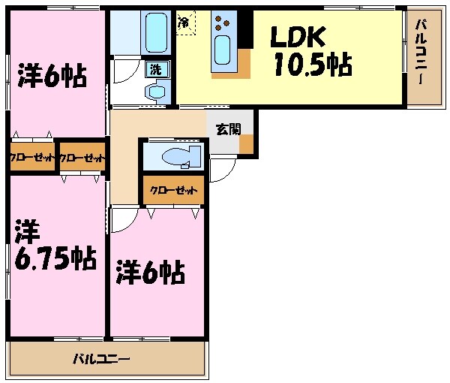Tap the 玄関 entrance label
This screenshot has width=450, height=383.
click(228, 128)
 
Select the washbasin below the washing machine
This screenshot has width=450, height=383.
click(157, 92)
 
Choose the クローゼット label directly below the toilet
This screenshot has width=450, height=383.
click(174, 190)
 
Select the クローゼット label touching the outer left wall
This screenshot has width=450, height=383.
click(32, 158)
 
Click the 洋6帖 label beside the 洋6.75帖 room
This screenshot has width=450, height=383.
click(150, 272)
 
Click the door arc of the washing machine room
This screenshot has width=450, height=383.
click(123, 72)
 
